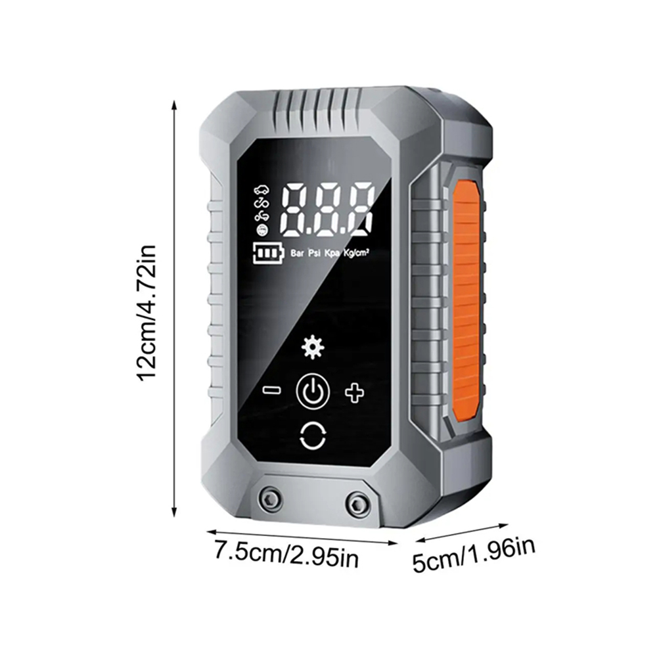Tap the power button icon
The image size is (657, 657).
click(x=313, y=392)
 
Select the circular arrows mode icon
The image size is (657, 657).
click(x=313, y=436)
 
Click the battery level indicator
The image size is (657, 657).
click(x=268, y=253)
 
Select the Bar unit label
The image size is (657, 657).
click(x=297, y=253)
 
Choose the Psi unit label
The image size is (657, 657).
click(x=315, y=253)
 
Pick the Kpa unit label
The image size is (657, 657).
click(x=332, y=254)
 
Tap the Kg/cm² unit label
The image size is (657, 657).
click(x=356, y=253)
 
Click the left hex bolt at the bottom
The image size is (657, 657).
click(x=270, y=498)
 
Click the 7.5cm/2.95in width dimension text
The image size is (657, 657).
click(x=286, y=554)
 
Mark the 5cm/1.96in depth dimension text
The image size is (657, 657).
click(x=474, y=556)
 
